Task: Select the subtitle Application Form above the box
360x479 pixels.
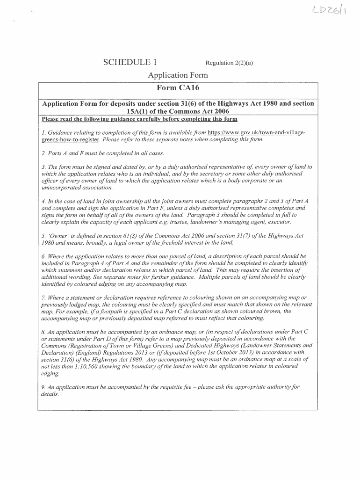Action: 178,75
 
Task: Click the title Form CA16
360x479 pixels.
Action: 178,87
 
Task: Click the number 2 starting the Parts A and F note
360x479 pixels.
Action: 43,153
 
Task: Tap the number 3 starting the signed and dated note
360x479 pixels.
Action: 43,167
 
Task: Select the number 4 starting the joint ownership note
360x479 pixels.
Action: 43,201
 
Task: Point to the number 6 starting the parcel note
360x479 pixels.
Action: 43,256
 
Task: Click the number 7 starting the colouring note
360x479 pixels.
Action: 43,298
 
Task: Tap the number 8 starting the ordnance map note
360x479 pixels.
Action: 43,332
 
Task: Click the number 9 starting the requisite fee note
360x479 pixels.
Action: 43,387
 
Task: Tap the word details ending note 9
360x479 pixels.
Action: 50,394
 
